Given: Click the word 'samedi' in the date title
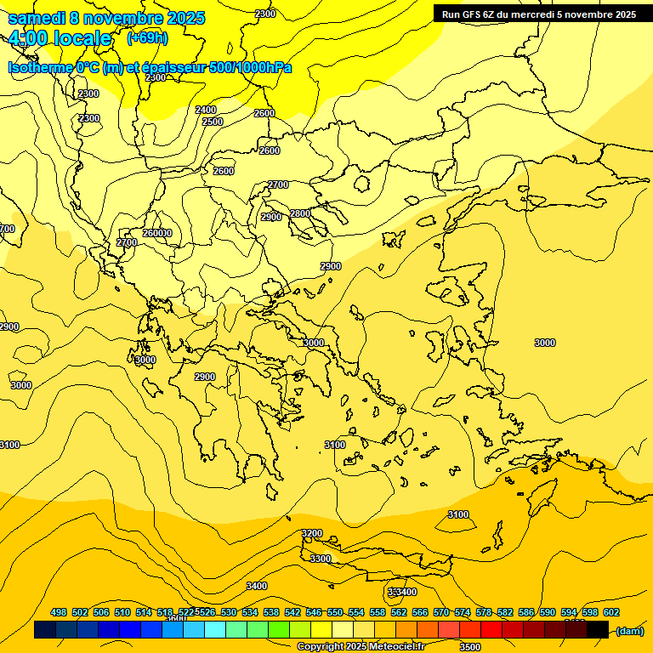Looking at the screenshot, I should [38, 18].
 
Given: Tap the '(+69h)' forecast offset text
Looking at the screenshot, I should [147, 38].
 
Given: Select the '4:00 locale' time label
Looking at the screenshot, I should [60, 38].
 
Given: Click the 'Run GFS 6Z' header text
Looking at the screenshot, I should [468, 14].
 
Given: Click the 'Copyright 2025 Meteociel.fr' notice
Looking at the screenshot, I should [362, 647].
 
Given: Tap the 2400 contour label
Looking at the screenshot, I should [206, 110].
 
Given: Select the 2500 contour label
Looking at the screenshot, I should [213, 122].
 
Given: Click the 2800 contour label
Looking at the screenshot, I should [300, 213].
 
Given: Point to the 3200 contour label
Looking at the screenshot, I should [312, 533].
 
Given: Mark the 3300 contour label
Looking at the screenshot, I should [321, 559].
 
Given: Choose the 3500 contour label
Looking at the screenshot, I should [469, 646].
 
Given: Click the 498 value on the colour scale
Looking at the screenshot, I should [59, 612].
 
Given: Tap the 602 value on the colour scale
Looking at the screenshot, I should [611, 612].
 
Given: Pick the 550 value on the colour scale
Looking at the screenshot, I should [335, 612].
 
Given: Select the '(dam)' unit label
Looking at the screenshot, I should [629, 630].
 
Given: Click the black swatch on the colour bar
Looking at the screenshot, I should [598, 630].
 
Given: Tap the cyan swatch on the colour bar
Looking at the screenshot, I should [215, 630].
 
